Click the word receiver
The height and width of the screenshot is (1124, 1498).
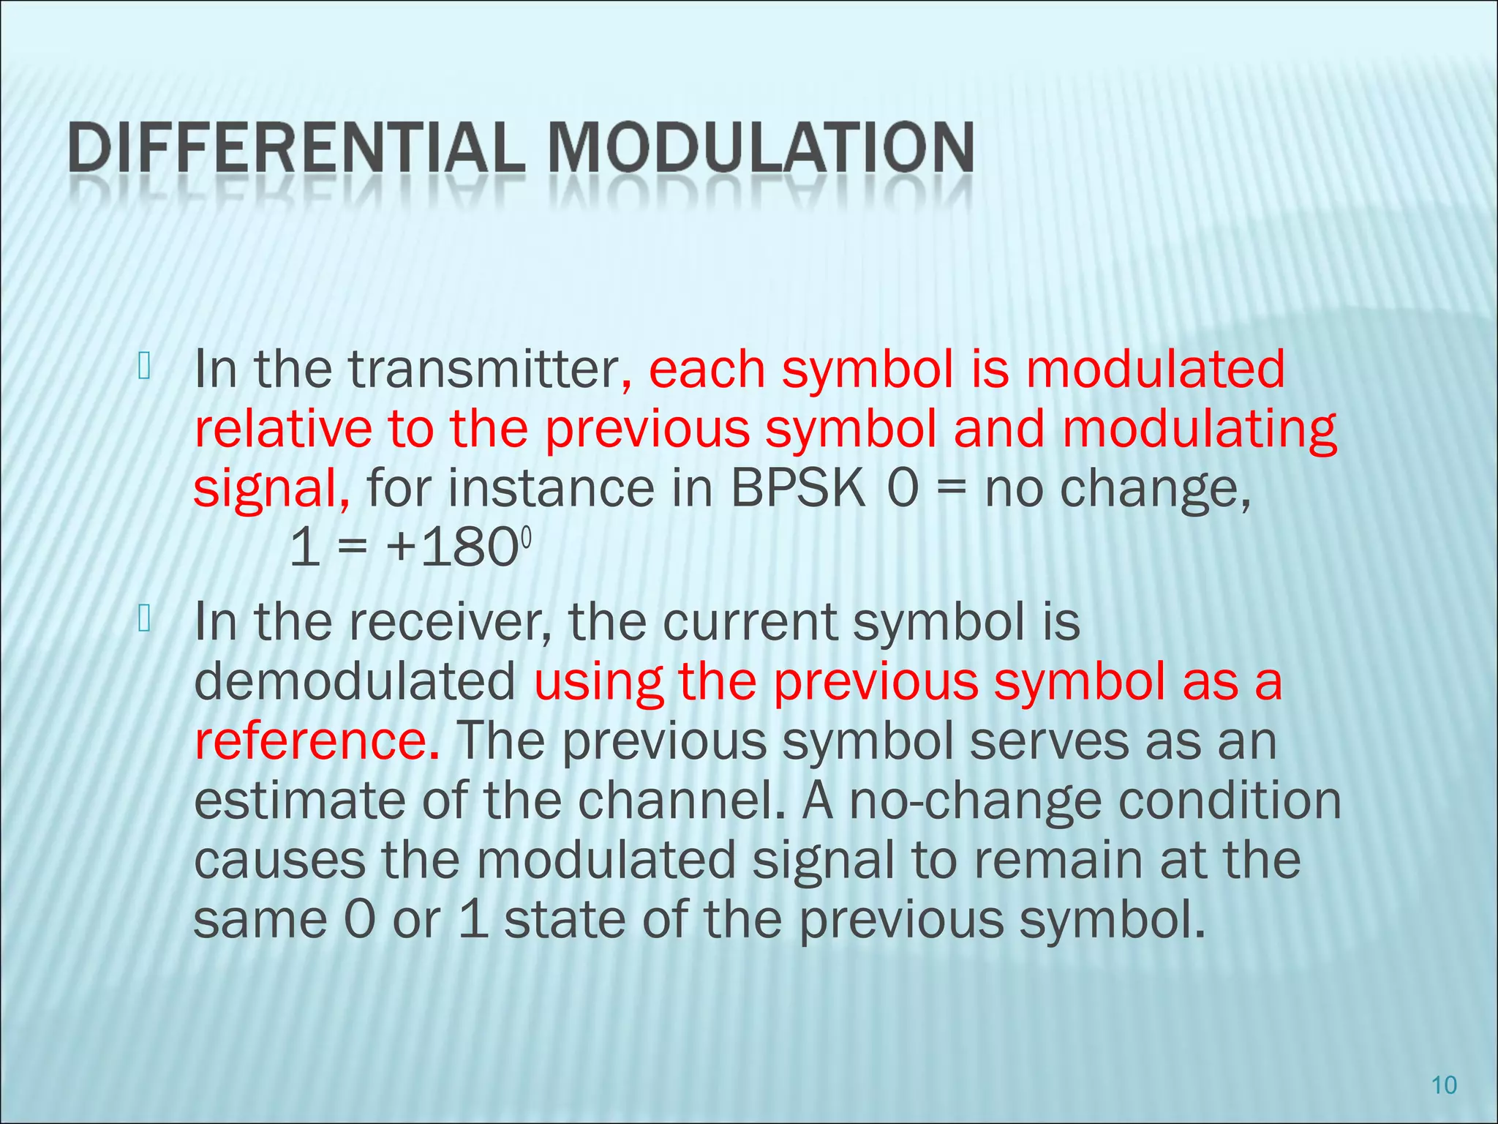click(448, 623)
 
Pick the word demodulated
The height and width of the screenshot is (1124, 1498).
click(355, 682)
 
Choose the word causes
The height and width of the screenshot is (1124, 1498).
click(279, 861)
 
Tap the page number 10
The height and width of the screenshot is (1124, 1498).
click(1444, 1085)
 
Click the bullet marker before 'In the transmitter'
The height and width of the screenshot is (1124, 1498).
click(143, 367)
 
